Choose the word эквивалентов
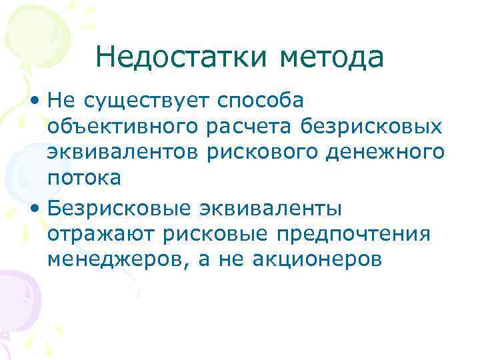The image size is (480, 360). click(123, 152)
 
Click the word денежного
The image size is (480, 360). click(386, 152)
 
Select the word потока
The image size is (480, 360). click(84, 178)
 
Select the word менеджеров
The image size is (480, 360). click(114, 259)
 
